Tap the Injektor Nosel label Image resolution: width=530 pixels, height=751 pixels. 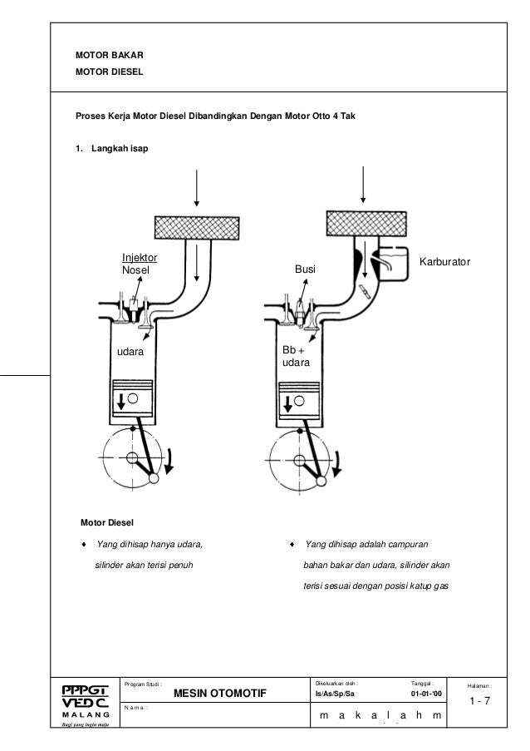[x=139, y=264]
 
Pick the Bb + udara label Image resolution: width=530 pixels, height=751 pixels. [x=294, y=358]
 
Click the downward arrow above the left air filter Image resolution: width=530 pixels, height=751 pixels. [x=196, y=184]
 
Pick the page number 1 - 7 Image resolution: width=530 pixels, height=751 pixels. [x=479, y=703]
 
